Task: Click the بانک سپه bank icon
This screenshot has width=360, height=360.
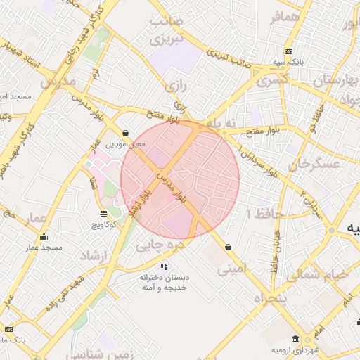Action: (288, 51)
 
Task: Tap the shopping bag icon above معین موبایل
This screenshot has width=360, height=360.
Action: (126, 133)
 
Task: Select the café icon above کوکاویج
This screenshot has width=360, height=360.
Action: (104, 213)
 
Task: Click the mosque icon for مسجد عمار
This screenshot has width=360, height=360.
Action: (44, 237)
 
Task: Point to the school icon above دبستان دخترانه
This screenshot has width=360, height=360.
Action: (164, 266)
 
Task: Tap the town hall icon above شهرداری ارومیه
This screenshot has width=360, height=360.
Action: (295, 339)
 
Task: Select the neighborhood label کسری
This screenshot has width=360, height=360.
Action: (272, 81)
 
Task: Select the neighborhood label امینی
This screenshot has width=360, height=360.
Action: (232, 268)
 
